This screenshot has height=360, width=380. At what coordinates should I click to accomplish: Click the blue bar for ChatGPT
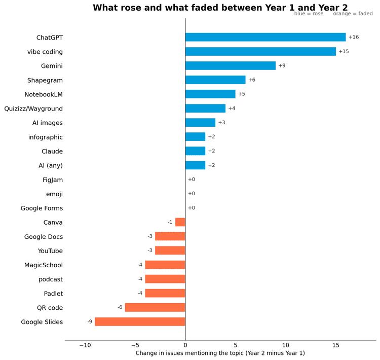[265, 37]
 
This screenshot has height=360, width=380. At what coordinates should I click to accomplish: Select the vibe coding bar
[260, 51]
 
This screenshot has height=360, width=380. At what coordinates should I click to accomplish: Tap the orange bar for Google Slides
[140, 321]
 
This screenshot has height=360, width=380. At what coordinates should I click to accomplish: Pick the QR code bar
[155, 307]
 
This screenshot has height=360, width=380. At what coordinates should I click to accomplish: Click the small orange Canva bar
[180, 222]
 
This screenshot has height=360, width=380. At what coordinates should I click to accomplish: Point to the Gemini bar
[231, 66]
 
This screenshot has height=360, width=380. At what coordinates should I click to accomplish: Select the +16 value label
[354, 37]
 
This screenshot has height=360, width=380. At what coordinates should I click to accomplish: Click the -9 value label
[90, 321]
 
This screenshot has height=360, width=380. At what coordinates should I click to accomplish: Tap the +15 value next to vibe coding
[344, 51]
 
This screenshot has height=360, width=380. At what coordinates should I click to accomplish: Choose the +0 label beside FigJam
[192, 179]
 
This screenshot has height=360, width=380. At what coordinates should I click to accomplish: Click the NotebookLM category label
[44, 94]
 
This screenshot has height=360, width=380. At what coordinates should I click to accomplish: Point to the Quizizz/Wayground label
[33, 109]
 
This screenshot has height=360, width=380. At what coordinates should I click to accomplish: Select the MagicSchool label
[44, 265]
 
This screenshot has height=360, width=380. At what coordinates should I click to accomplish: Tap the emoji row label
[55, 194]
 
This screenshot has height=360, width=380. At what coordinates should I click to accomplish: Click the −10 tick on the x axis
[85, 345]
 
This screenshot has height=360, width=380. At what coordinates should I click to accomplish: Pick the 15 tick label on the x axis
[336, 345]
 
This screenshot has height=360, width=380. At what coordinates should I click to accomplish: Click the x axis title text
[220, 353]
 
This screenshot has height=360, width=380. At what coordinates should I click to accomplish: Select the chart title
[220, 8]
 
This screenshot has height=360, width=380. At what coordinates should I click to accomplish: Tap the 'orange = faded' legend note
[353, 14]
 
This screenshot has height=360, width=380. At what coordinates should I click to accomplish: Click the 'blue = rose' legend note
[309, 14]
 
